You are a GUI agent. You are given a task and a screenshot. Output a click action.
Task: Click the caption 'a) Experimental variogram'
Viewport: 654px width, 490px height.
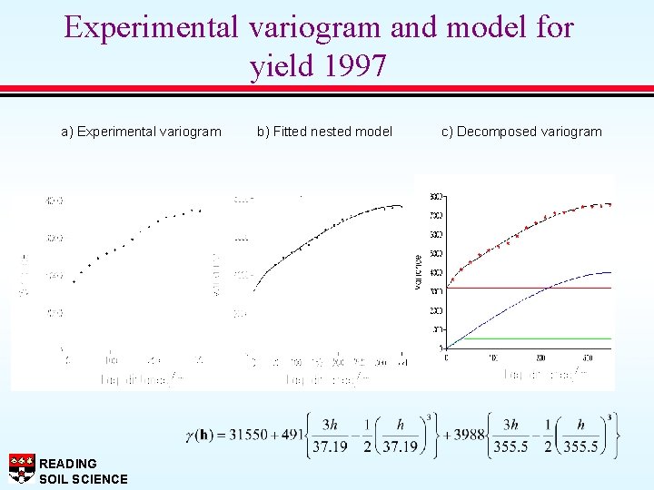141,132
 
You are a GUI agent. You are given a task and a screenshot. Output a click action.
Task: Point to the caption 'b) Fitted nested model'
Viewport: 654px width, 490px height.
324,132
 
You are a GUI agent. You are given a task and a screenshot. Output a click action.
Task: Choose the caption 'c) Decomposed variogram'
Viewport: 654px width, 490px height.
521,132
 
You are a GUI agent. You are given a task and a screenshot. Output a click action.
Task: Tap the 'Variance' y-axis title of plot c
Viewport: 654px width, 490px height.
419,272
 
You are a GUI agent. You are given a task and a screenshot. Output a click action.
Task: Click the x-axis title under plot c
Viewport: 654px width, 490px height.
540,374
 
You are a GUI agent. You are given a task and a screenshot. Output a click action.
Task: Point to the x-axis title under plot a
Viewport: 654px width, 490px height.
136,380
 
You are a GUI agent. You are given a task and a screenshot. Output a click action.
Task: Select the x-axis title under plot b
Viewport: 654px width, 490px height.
327,380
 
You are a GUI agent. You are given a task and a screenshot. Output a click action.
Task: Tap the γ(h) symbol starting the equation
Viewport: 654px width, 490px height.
202,435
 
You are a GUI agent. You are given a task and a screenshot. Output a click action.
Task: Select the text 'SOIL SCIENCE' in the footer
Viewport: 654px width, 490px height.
84,479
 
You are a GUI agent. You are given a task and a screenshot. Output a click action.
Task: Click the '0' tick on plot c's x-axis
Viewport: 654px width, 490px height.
446,357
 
